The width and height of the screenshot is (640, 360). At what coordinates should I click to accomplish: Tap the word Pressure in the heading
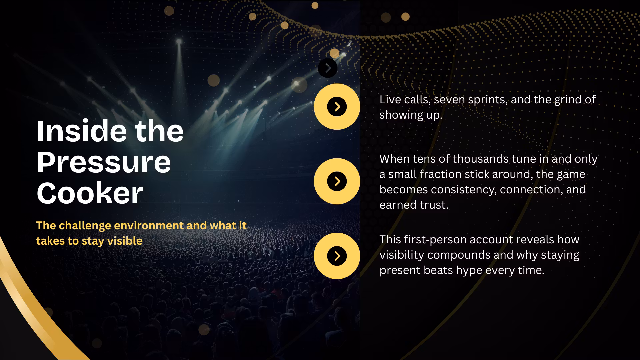coord(104,162)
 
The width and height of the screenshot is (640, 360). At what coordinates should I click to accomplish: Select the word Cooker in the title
coord(90,193)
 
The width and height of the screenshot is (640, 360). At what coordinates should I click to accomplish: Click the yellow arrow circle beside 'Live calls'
coord(337,107)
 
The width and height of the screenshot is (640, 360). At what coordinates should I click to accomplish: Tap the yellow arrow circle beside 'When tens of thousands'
coord(337,181)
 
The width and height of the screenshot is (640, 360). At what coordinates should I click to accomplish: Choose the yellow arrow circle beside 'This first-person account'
coord(337,256)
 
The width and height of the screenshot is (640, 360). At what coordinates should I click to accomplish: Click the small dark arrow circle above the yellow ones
coord(328,68)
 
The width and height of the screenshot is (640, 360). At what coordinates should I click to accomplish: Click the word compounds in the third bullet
coord(459,255)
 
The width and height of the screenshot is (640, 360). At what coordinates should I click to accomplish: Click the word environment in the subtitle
coord(149,226)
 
